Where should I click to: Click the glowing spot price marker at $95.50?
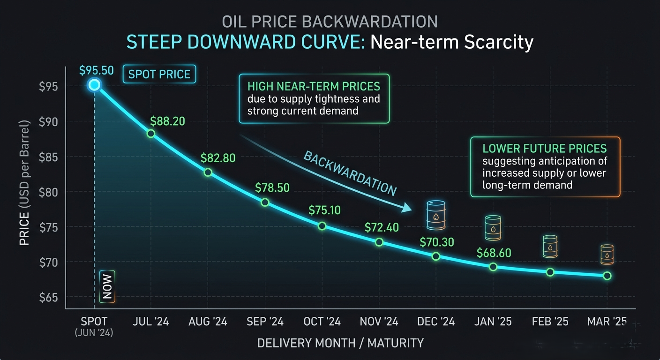coord(94,84)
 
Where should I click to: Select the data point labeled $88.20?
coord(151,134)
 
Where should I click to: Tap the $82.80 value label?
coord(218,158)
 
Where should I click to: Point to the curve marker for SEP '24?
coord(265,202)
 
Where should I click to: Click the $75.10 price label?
coord(325,210)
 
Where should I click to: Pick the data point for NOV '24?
coord(379,242)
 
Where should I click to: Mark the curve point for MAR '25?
coord(607,276)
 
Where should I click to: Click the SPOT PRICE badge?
coord(159,75)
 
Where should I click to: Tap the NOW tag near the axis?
coord(107,286)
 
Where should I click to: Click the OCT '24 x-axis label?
coord(322,322)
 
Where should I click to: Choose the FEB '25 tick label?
coord(550,322)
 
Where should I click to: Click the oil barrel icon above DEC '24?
coord(436,215)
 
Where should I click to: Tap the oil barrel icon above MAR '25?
coord(607,255)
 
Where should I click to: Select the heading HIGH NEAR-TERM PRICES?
coord(314,87)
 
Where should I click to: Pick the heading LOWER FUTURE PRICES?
coord(545,149)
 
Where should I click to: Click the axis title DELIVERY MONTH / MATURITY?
coord(340,343)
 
